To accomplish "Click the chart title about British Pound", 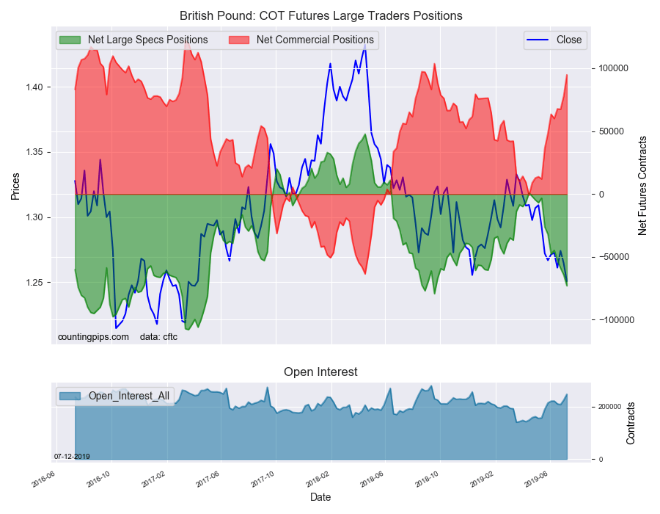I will coord(321,15).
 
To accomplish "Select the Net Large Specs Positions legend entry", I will coord(147,40).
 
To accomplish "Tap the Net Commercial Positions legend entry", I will coord(315,40).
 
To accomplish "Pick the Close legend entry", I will coord(568,40).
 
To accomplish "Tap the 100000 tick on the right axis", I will coord(615,68).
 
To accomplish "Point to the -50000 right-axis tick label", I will coord(615,258).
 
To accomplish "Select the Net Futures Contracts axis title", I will coord(642,186).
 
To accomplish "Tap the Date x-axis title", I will coord(320,497).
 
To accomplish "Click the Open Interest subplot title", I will coord(320,372).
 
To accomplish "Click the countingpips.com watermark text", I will coord(93,337).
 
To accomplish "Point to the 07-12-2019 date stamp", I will coord(72,456).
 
